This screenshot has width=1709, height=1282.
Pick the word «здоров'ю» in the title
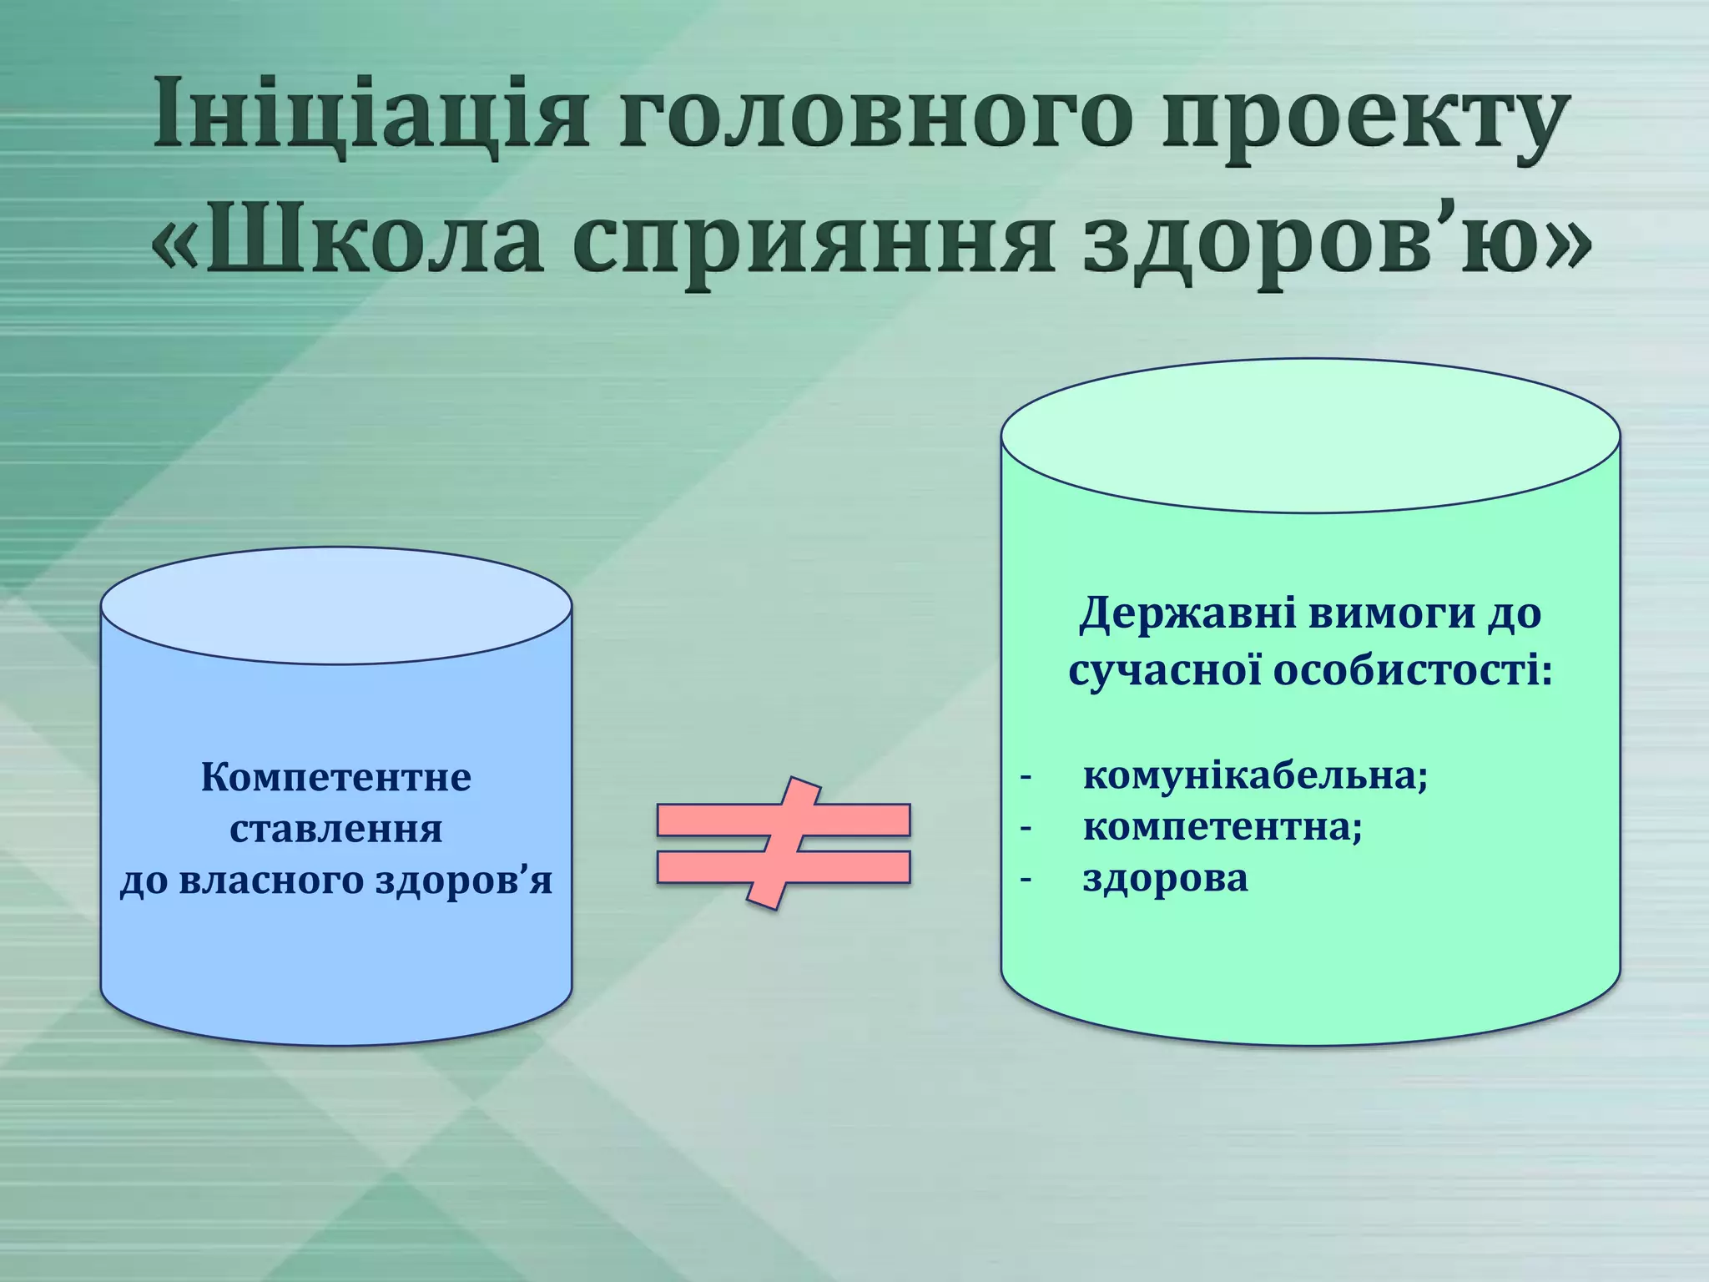(x=1335, y=242)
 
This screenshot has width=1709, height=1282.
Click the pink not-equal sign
(x=783, y=843)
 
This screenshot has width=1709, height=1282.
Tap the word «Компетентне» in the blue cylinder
(x=336, y=778)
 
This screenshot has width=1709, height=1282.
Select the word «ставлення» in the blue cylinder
(x=336, y=830)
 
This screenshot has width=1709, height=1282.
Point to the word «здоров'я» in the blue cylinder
(x=464, y=881)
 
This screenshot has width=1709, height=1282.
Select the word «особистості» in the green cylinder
(x=1410, y=671)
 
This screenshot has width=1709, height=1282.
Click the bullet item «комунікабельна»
(x=1255, y=776)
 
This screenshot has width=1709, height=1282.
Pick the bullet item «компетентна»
(x=1222, y=827)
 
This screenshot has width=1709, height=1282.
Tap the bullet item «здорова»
(x=1165, y=878)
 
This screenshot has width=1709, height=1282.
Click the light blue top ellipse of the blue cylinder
(x=336, y=606)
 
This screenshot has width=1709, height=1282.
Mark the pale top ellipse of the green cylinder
(x=1310, y=435)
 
